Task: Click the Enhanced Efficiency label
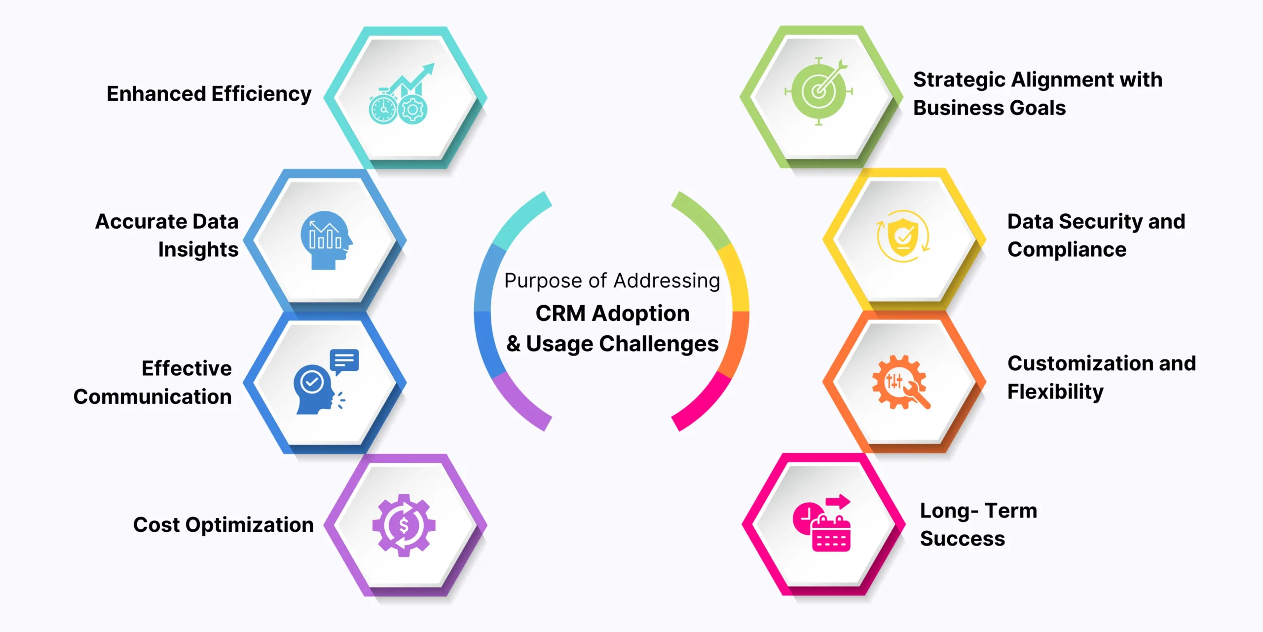click(209, 94)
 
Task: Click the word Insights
click(198, 250)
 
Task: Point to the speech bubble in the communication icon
click(344, 360)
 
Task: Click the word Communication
click(152, 397)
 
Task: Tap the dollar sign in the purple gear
click(404, 526)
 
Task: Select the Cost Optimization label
click(223, 525)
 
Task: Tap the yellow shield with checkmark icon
click(903, 236)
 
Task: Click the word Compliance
click(1067, 250)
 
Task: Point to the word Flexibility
click(1055, 392)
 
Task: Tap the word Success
click(962, 539)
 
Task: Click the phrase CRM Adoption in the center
click(612, 314)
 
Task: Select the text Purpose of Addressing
click(612, 281)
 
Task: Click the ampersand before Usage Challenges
click(514, 344)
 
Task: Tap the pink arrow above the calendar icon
click(838, 502)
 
